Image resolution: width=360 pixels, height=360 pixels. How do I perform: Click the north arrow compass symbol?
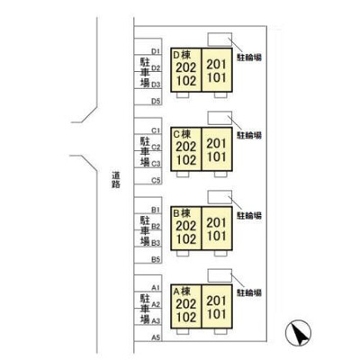298,333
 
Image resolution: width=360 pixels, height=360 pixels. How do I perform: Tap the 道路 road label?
116,179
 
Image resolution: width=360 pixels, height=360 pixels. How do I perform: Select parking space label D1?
156,51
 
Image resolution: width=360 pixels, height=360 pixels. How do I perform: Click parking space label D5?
156,101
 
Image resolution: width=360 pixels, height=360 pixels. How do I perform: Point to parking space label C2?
156,147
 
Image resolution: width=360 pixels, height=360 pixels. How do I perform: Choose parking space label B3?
156,243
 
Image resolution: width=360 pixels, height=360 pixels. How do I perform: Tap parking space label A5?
156,337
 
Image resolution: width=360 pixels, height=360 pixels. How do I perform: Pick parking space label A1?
156,288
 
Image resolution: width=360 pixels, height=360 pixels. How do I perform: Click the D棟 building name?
182,55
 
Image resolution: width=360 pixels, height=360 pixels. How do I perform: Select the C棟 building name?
182,134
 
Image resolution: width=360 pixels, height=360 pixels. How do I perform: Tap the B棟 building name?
182,213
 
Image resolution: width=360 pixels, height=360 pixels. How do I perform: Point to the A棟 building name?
182,291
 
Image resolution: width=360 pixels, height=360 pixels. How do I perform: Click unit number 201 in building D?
216,64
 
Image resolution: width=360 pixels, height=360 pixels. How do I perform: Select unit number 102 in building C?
186,160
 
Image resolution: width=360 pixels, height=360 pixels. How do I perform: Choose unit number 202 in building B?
186,226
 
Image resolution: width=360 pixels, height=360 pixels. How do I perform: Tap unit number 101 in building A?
216,314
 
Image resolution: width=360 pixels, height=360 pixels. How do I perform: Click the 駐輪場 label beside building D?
249,57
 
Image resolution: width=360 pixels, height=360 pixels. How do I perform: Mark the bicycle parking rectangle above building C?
220,118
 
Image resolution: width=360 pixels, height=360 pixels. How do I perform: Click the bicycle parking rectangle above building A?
220,275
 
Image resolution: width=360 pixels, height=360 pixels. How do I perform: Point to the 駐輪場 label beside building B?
249,215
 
